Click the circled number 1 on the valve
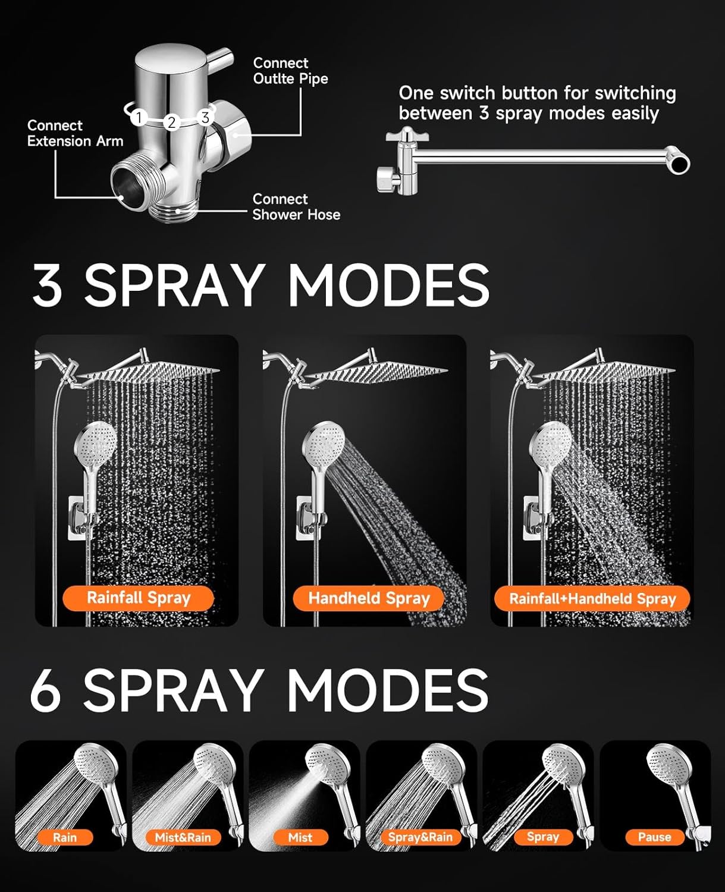click(139, 117)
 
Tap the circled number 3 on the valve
click(205, 117)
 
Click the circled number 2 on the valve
click(172, 123)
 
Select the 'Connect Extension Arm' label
click(76, 133)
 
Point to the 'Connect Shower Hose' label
click(296, 207)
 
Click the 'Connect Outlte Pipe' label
click(291, 71)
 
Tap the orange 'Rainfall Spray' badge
click(138, 598)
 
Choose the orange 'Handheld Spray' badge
click(369, 598)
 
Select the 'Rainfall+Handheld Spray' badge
click(592, 598)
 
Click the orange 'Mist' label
click(300, 837)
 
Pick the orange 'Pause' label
click(654, 837)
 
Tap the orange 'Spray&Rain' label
click(420, 837)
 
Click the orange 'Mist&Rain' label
click(183, 837)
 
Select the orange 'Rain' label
click(65, 837)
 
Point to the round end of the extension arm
click(678, 160)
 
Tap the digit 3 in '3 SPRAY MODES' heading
click(48, 285)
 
